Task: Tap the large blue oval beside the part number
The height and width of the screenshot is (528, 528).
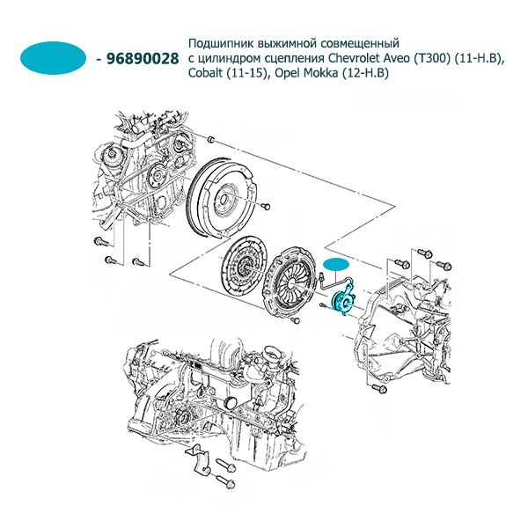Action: (55, 58)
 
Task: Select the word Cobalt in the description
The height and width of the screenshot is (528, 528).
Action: (207, 74)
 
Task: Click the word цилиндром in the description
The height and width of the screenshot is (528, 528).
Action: (223, 58)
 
